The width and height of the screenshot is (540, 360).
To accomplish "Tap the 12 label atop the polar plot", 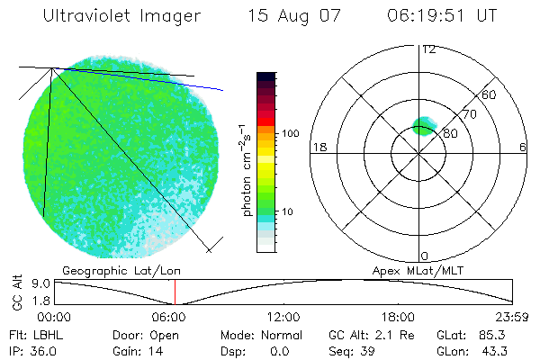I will (x=428, y=49).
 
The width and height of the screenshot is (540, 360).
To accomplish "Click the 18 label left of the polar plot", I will (x=318, y=147).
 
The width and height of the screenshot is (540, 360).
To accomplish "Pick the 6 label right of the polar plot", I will (x=523, y=147).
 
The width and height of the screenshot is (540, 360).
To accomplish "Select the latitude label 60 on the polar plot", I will (x=490, y=94).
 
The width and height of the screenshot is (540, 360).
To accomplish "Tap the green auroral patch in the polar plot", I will (x=422, y=126).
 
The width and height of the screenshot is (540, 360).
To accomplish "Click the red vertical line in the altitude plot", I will (x=175, y=292).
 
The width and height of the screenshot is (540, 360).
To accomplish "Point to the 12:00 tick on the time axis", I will (x=283, y=317).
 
